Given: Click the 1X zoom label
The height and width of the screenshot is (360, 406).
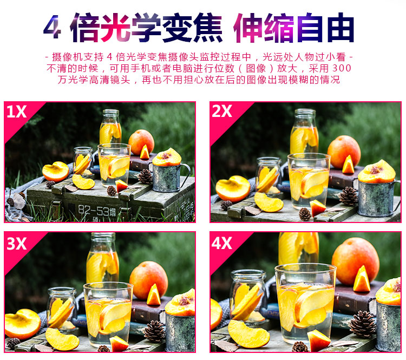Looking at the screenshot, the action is [x=16, y=112].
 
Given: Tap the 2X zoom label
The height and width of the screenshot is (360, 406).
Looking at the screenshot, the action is [x=222, y=111].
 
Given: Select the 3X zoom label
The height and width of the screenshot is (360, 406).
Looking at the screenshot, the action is [x=17, y=244].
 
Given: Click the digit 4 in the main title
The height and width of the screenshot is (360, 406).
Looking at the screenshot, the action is [x=53, y=27].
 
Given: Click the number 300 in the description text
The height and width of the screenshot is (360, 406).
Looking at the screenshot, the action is [x=342, y=68].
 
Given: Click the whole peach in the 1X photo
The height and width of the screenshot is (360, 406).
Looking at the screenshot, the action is [x=141, y=142].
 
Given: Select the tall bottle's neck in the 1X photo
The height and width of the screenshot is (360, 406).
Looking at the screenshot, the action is [x=110, y=115].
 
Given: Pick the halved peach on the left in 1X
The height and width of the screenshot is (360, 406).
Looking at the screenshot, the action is [x=55, y=171].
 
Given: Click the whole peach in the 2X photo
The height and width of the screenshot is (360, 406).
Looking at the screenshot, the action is [x=344, y=152].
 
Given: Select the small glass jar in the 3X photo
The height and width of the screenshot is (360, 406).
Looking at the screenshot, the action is [x=62, y=308].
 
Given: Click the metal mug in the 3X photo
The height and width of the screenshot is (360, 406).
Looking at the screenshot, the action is [x=179, y=332].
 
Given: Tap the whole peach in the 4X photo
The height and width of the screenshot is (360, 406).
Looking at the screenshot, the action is [x=355, y=261].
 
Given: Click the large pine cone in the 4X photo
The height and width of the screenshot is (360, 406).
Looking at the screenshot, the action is [x=363, y=324].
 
